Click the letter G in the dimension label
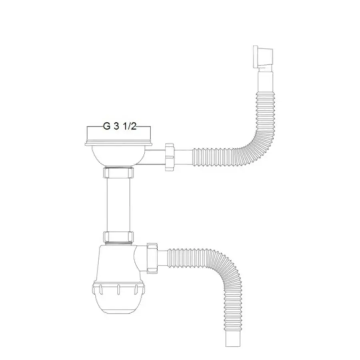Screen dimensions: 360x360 (107, 126)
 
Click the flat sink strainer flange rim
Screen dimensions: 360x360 (118, 142)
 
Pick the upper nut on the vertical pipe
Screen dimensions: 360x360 (118, 173)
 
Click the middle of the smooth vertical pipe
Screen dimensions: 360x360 (118, 204)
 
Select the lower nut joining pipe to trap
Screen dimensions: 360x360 (118, 237)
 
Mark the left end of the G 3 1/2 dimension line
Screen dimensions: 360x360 (87, 127)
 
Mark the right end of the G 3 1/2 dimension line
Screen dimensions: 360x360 (150, 127)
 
